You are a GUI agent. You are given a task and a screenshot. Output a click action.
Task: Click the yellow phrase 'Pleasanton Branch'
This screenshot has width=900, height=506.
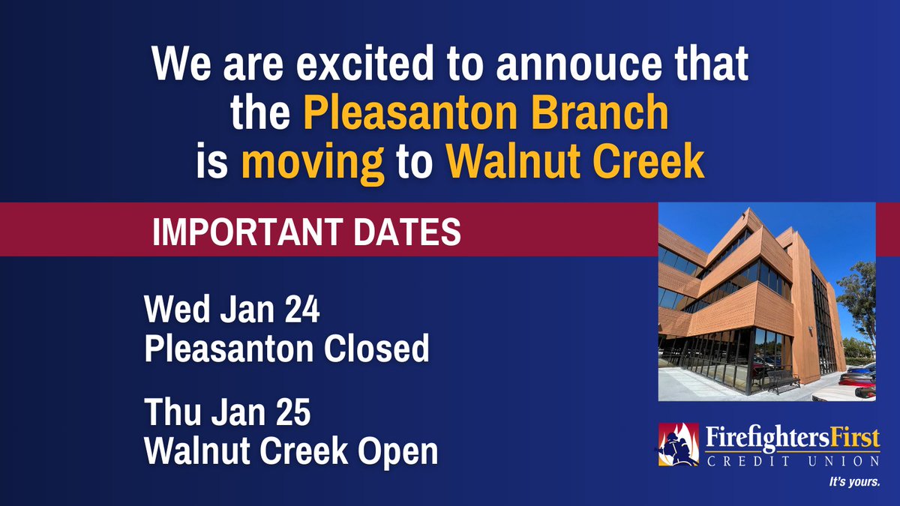pyautogui.click(x=485, y=115)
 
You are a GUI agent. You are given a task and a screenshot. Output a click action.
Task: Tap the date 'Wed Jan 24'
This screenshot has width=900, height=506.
pyautogui.click(x=232, y=311)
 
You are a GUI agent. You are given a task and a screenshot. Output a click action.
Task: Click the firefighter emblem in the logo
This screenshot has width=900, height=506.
pyautogui.click(x=678, y=445)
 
